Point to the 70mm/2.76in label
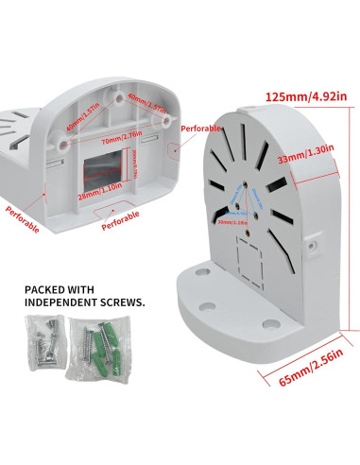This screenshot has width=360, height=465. (103, 136)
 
